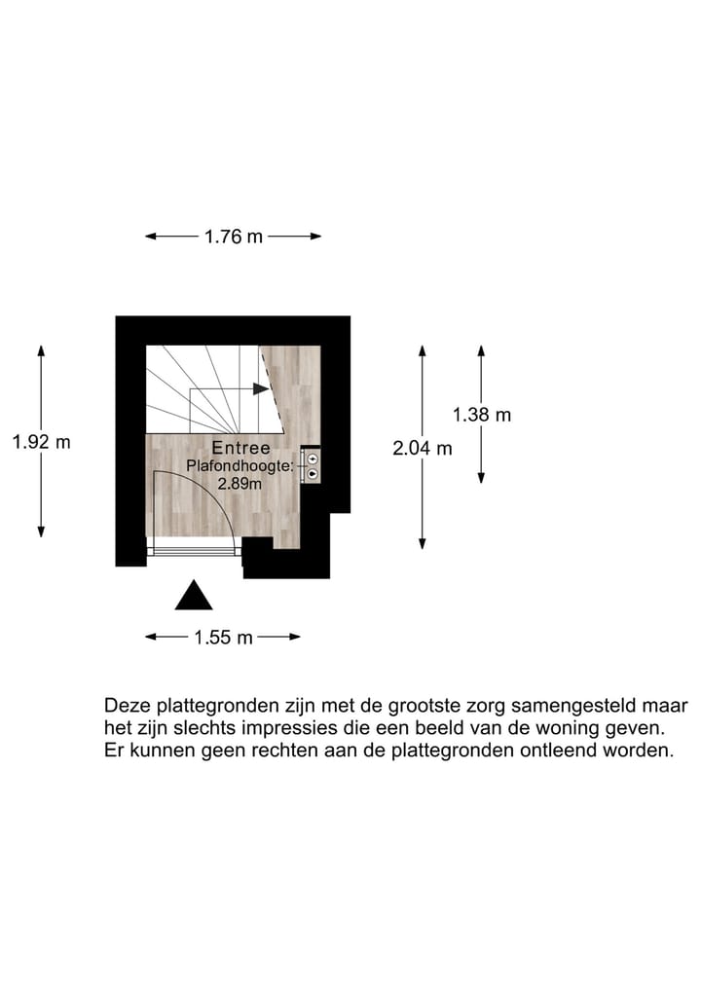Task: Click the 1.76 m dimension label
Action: pyautogui.click(x=234, y=236)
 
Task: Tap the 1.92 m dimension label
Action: pyautogui.click(x=41, y=441)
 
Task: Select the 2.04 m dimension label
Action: pyautogui.click(x=423, y=449)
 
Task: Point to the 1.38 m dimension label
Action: pyautogui.click(x=481, y=415)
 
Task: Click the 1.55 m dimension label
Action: pyautogui.click(x=223, y=638)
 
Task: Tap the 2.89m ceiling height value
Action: pyautogui.click(x=239, y=483)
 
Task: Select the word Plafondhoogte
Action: pyautogui.click(x=239, y=467)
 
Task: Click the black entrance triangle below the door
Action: pyautogui.click(x=194, y=596)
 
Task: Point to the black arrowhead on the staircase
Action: pyautogui.click(x=261, y=388)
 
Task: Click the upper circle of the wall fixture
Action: pyautogui.click(x=313, y=458)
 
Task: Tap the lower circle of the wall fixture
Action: pyautogui.click(x=313, y=474)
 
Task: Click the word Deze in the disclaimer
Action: pyautogui.click(x=126, y=705)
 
